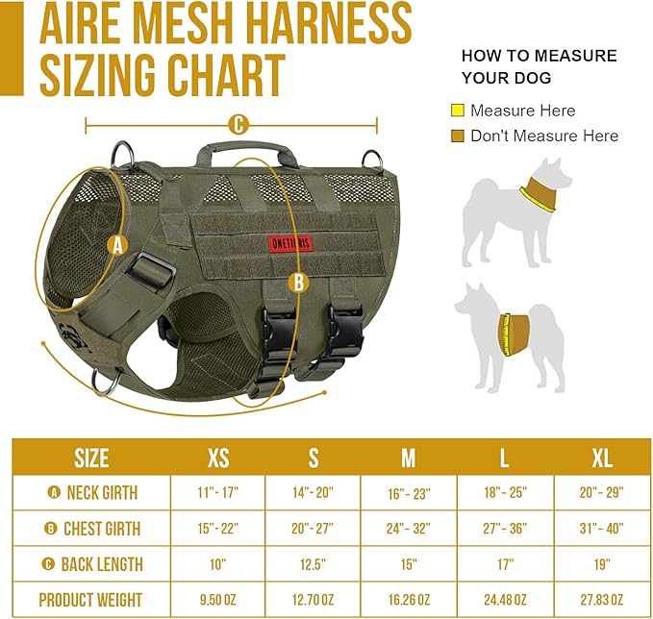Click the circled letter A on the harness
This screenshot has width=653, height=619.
[x=118, y=245]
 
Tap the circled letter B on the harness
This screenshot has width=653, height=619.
[x=297, y=282]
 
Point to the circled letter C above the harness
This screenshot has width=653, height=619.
[x=238, y=124]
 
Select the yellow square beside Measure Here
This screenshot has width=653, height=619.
[x=457, y=111]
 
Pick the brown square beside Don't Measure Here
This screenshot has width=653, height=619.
[x=457, y=136]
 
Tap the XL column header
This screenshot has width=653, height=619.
[x=602, y=457]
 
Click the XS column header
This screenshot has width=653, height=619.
[x=218, y=457]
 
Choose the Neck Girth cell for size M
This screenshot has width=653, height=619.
[x=409, y=493]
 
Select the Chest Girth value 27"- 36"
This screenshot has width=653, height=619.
[x=505, y=529]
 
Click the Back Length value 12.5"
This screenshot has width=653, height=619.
[x=314, y=564]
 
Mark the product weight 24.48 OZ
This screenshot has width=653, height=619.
[x=505, y=601]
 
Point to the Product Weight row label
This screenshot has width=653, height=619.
[x=90, y=601]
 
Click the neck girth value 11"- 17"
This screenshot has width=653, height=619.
[x=218, y=493]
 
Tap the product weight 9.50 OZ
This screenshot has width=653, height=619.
[x=218, y=601]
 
